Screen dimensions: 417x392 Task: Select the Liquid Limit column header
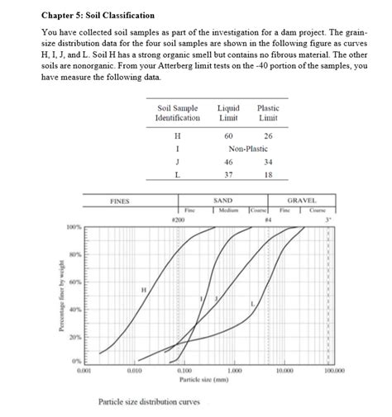point(228,113)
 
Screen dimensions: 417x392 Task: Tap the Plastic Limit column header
point(268,113)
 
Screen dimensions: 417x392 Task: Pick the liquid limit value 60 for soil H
point(228,135)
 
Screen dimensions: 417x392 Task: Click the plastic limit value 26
point(268,135)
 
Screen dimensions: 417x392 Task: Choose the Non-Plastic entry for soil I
point(248,149)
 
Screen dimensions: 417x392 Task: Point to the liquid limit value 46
point(228,162)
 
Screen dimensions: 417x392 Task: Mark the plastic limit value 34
point(268,162)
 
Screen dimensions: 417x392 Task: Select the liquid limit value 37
point(228,175)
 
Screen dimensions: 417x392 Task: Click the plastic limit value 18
point(268,175)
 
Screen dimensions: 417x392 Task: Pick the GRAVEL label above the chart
point(301,201)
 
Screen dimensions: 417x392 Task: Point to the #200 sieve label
point(177,219)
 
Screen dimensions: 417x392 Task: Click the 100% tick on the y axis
point(74,227)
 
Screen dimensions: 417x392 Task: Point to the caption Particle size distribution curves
point(149,403)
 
